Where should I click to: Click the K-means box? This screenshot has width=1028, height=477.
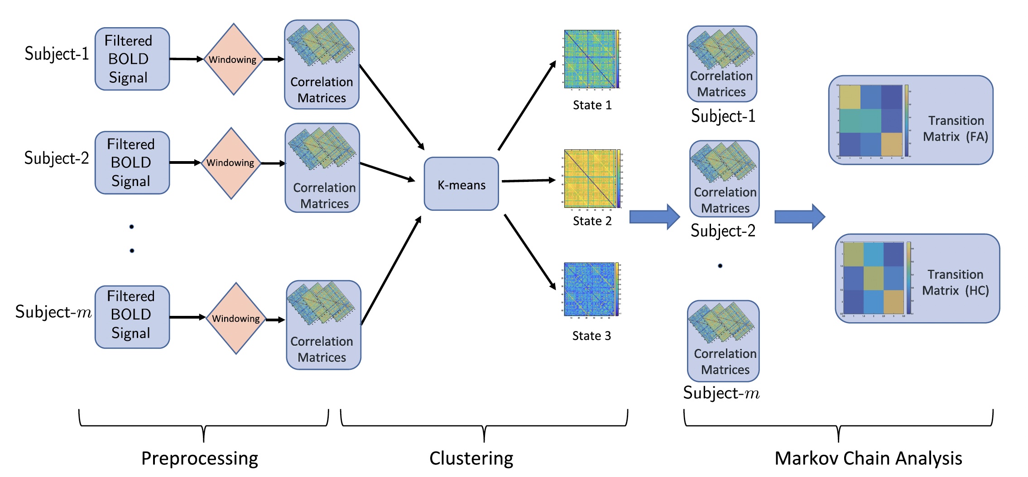click(x=461, y=184)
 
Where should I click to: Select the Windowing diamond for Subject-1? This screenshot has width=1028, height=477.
click(x=233, y=59)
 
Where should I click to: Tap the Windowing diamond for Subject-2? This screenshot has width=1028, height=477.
click(x=231, y=163)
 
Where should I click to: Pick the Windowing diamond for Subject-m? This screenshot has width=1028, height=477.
click(x=236, y=319)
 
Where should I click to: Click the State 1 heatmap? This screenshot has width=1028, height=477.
click(x=589, y=59)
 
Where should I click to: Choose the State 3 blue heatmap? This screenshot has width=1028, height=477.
click(x=589, y=289)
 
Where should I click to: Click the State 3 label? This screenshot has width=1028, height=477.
click(x=591, y=336)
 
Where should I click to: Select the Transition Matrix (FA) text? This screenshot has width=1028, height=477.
click(x=956, y=129)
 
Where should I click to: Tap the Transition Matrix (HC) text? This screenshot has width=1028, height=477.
click(x=956, y=282)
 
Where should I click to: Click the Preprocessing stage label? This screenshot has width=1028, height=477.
click(x=200, y=458)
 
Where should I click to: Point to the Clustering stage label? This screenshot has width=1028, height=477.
click(x=471, y=458)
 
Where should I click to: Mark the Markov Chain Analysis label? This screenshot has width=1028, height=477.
click(x=868, y=458)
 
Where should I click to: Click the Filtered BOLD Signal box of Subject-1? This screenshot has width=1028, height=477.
click(x=132, y=59)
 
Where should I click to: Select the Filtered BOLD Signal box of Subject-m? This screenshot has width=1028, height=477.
click(x=132, y=317)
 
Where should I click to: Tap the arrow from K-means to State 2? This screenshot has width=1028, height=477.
click(x=528, y=181)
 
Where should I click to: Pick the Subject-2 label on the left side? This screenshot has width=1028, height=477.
click(x=57, y=158)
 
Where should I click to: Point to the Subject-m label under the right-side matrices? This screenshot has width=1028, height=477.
click(x=721, y=393)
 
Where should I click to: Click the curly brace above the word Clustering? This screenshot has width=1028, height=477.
click(x=484, y=425)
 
